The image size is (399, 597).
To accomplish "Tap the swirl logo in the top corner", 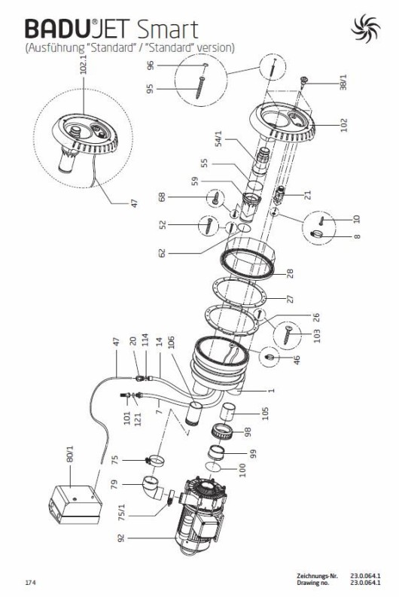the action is click(365, 28).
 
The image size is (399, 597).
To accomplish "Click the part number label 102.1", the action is click(84, 63).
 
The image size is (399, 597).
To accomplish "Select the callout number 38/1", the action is click(343, 82).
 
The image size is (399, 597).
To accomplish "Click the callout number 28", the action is click(290, 274).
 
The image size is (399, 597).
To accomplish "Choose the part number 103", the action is click(317, 336).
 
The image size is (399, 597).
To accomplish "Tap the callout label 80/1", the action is click(70, 454).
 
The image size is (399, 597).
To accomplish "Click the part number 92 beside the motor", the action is click(121, 538).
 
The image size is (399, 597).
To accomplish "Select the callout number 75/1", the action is click(121, 513).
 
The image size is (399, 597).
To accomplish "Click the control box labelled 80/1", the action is click(75, 504).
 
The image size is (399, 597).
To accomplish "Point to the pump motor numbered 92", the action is click(201, 515).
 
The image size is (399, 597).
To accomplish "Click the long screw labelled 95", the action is click(200, 87).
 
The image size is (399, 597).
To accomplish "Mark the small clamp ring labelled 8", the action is click(316, 234).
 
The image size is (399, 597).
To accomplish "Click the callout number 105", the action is click(265, 413).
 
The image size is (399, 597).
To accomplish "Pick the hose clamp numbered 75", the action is click(155, 461).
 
